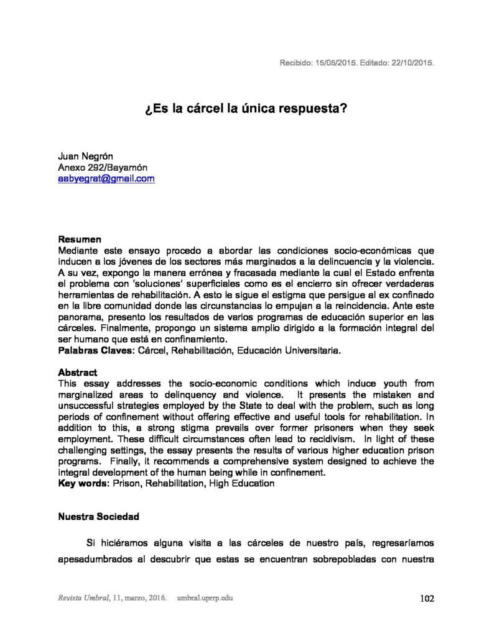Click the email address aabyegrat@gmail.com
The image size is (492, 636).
point(106,179)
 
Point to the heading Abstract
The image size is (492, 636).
point(78,373)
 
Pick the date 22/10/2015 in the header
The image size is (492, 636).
point(409,63)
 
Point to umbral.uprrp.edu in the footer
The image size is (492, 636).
point(206,599)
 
